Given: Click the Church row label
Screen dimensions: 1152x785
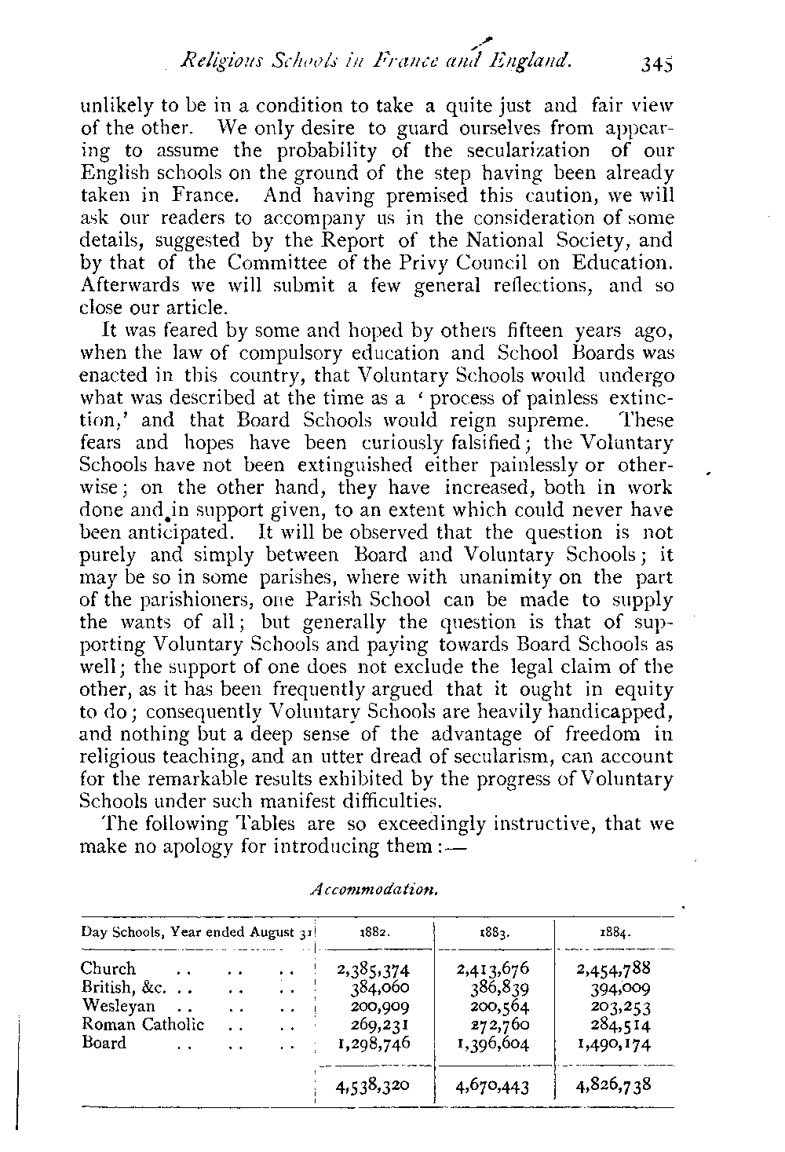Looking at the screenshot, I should point(108,968).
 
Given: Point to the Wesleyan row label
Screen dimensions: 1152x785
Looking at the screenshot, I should point(118,1005).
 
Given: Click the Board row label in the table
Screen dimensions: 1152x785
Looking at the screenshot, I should point(104,1042).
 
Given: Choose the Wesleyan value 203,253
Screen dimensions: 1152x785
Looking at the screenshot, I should point(621,1006).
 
